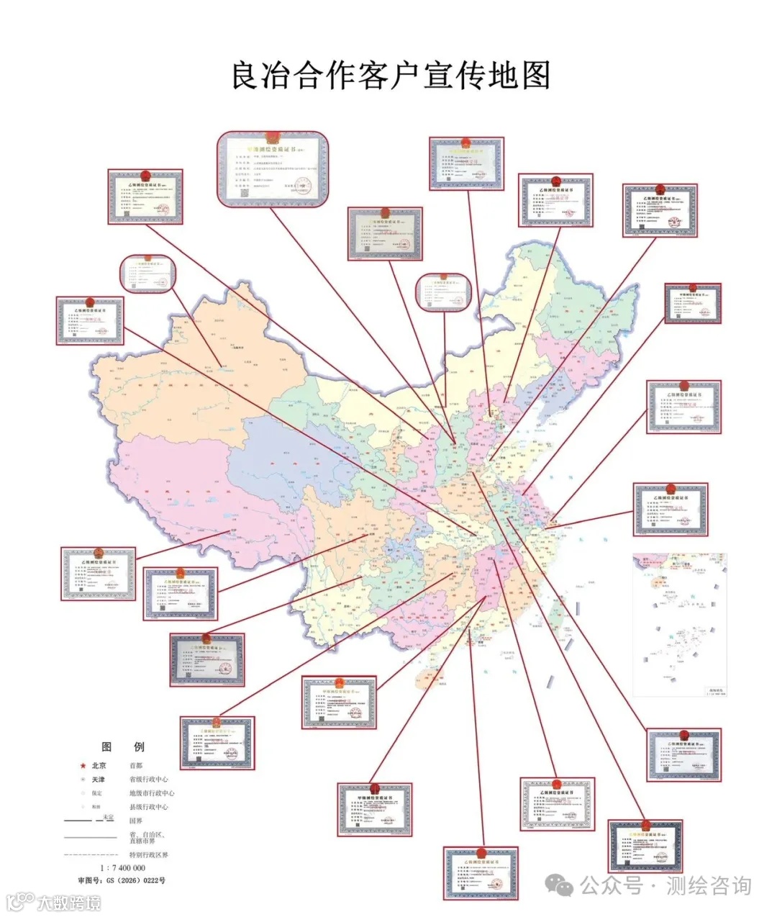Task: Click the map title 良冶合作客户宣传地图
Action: [x=391, y=76]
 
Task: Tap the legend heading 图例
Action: [x=123, y=746]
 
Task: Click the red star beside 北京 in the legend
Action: [x=83, y=766]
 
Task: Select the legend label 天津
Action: [x=99, y=780]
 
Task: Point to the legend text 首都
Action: [x=136, y=766]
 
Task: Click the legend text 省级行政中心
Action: [x=149, y=780]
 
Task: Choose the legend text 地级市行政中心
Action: [x=152, y=793]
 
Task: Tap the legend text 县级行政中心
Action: [x=149, y=807]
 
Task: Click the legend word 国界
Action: [x=136, y=821]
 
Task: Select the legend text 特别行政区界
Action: [x=149, y=854]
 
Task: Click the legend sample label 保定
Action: [x=97, y=793]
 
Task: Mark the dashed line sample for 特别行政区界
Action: [x=90, y=854]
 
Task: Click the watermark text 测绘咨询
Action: [x=709, y=886]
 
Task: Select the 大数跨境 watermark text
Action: [x=68, y=902]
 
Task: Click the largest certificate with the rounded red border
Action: [x=273, y=170]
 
